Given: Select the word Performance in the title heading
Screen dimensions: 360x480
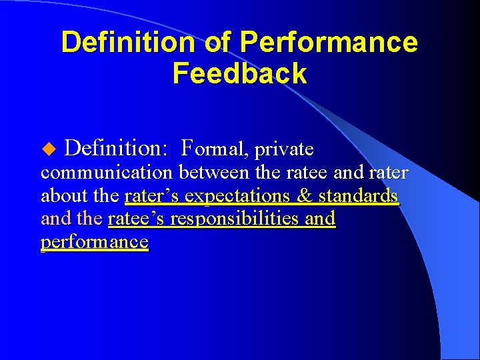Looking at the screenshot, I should tap(329, 43).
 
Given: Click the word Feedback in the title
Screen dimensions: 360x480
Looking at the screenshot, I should tap(239, 73).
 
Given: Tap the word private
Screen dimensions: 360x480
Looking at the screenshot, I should tap(283, 147).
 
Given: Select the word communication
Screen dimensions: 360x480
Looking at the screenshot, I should tap(107, 173).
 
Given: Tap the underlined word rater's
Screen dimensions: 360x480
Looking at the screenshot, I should tap(152, 197).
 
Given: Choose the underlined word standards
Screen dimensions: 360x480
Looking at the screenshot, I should tap(359, 197).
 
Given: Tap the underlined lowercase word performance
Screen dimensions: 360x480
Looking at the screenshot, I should tap(94, 242).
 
